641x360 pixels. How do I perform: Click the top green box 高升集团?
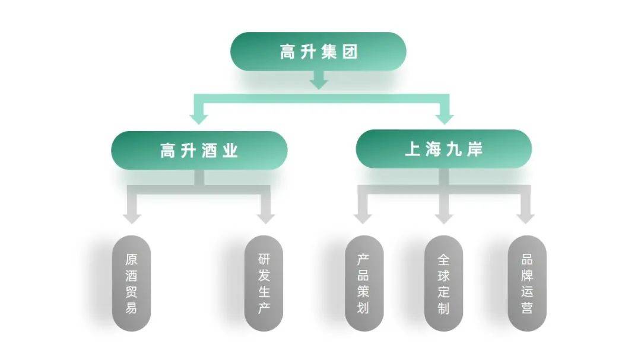[x=318, y=52]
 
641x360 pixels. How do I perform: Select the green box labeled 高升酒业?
[x=199, y=150]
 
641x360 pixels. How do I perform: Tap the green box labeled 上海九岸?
[x=443, y=148]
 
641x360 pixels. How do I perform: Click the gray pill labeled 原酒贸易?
[x=131, y=283]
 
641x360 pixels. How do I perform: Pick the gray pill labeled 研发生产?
[x=264, y=283]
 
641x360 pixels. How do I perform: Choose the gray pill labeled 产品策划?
[x=364, y=283]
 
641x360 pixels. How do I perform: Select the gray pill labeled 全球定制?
[x=443, y=283]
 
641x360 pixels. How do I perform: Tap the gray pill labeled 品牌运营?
[x=526, y=283]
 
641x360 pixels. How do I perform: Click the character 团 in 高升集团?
[x=350, y=52]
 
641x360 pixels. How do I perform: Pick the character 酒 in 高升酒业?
[x=209, y=151]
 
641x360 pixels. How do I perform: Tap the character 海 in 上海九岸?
[x=433, y=149]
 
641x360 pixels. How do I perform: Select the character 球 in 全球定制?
[x=443, y=276]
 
